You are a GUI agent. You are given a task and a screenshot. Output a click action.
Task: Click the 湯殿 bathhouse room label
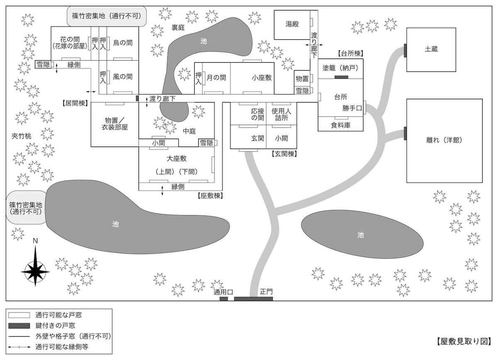point(292,24)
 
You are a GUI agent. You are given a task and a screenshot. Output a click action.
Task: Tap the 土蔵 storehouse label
point(431,49)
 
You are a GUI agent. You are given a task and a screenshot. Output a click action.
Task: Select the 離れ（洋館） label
point(444,140)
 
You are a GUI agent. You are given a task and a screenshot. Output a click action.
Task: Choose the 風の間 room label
point(123,76)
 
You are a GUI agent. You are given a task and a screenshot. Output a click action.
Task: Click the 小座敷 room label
point(261,77)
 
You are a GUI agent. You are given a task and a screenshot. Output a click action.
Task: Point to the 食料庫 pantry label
point(340,125)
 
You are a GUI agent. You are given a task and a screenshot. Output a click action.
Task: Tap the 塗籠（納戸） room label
point(340,67)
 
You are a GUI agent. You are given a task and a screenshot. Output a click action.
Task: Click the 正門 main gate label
point(266,291)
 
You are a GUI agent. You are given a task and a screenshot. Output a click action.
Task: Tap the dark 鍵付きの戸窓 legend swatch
point(19,325)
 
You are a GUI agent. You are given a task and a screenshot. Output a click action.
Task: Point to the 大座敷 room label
point(176,158)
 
